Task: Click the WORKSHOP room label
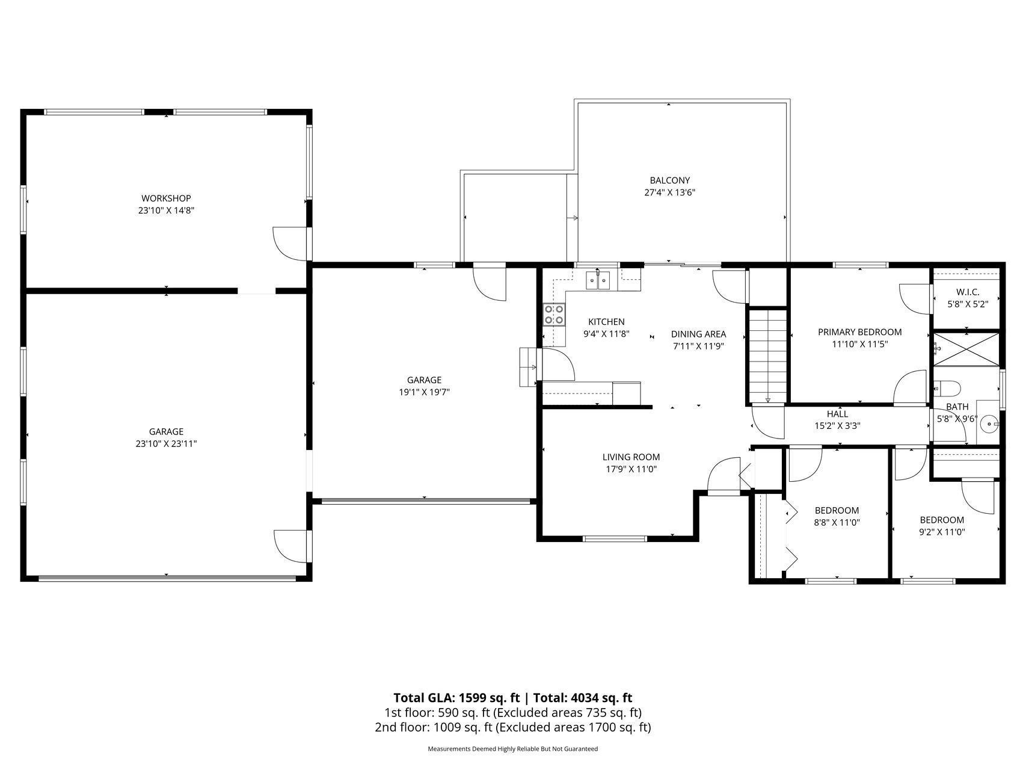(166, 198)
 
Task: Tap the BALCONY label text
(669, 180)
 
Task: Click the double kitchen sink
(598, 280)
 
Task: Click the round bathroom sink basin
(988, 425)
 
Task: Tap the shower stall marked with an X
(966, 349)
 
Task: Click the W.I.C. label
(968, 292)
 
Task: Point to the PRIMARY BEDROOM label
(859, 332)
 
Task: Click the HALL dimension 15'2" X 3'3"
(837, 426)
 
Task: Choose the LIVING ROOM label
(631, 457)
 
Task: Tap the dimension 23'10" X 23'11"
(166, 444)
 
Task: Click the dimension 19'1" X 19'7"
(424, 392)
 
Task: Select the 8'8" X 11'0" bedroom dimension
(837, 523)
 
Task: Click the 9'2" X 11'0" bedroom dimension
(942, 532)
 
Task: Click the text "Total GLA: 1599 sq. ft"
(456, 698)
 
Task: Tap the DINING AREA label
(698, 334)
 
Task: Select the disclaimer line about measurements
(512, 749)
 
